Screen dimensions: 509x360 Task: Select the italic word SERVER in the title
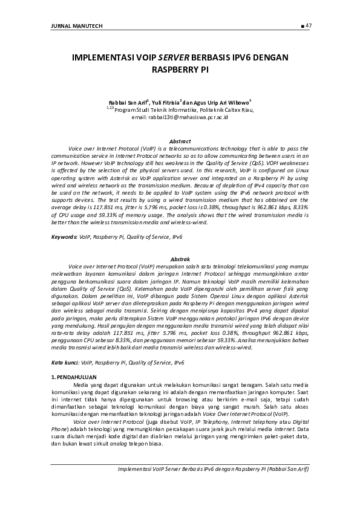pyautogui.click(x=173, y=58)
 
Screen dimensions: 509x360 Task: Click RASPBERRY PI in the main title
pyautogui.click(x=180, y=70)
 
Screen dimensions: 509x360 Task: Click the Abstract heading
pyautogui.click(x=180, y=141)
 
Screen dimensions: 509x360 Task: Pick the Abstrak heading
pyautogui.click(x=180, y=258)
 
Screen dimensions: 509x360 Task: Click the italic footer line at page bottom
pyautogui.click(x=214, y=468)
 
